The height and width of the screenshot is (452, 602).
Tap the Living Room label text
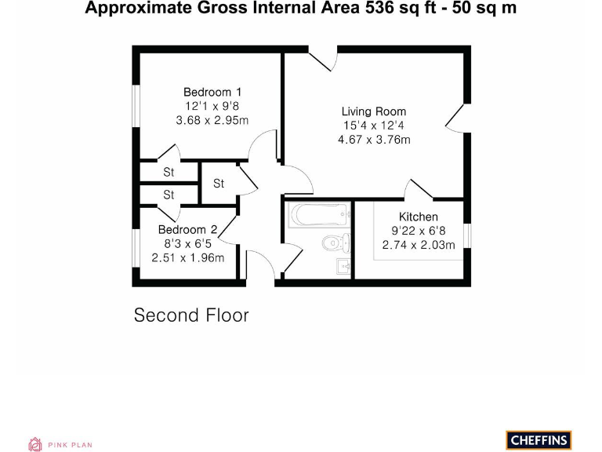(x=373, y=111)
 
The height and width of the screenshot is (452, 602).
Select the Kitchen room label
(x=419, y=217)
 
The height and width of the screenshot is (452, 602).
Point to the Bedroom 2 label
(x=187, y=229)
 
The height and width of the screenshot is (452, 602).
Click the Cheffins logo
(x=539, y=440)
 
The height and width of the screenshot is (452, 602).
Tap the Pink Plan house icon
(x=34, y=444)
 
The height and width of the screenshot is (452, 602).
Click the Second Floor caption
(x=191, y=315)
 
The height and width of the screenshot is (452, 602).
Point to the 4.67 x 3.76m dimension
(x=374, y=140)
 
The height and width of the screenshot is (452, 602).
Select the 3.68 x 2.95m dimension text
(x=212, y=120)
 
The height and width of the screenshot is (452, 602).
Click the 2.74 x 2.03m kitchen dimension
(x=419, y=245)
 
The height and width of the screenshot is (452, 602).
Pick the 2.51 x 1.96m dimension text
(x=187, y=257)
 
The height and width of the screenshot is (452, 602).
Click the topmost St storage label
(x=169, y=172)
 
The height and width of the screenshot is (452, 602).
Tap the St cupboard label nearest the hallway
(x=219, y=184)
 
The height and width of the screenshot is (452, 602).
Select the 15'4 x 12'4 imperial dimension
(x=374, y=126)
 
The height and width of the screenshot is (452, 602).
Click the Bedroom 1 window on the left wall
(x=136, y=104)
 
